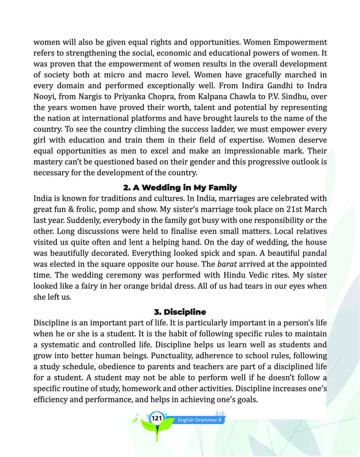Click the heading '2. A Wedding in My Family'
(180, 187)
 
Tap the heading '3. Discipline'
(180, 312)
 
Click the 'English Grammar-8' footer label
(199, 420)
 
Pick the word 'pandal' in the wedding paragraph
(314, 253)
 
